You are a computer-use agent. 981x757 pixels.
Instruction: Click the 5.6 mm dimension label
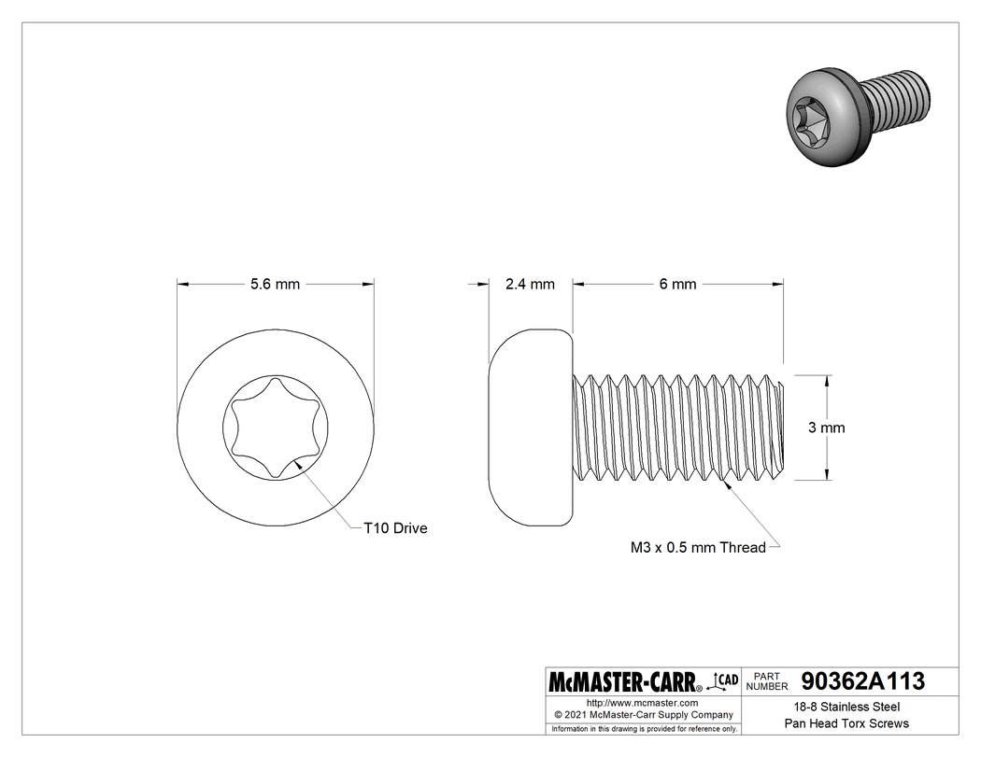[x=275, y=284]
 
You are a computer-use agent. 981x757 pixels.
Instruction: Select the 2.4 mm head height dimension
[x=530, y=284]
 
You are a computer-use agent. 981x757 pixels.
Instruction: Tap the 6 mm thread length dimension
[x=677, y=284]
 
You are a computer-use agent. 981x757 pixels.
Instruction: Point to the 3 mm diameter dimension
[x=826, y=428]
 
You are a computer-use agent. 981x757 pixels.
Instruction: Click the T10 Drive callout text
[x=395, y=528]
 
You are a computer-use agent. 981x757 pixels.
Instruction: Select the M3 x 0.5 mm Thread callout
[x=698, y=548]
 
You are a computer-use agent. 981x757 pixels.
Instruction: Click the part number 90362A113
[x=862, y=680]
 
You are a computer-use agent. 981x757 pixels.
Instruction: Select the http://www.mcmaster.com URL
[x=642, y=702]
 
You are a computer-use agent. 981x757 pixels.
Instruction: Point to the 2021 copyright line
[x=642, y=715]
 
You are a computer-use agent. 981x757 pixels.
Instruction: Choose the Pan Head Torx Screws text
[x=846, y=723]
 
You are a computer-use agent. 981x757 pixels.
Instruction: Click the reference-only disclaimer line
[x=644, y=728]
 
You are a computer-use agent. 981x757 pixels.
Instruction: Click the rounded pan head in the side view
[x=529, y=428]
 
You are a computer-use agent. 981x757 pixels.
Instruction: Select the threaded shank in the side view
[x=677, y=428]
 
